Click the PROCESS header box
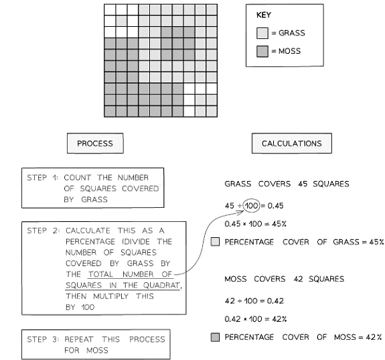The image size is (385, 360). pyautogui.click(x=94, y=143)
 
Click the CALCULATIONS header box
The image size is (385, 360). pyautogui.click(x=291, y=143)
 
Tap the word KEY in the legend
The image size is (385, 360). pyautogui.click(x=264, y=15)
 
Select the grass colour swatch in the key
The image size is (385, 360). pyautogui.click(x=262, y=33)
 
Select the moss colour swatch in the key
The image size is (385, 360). pyautogui.click(x=262, y=51)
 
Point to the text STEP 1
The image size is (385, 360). pyautogui.click(x=42, y=178)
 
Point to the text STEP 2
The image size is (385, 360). pyautogui.click(x=42, y=231)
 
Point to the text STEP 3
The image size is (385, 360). pyautogui.click(x=42, y=339)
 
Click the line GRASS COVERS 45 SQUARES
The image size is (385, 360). pyautogui.click(x=287, y=184)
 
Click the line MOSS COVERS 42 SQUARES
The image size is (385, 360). pyautogui.click(x=284, y=279)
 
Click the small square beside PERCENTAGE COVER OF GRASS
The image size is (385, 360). pyautogui.click(x=214, y=242)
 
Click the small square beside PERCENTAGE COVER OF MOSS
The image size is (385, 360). pyautogui.click(x=214, y=337)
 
